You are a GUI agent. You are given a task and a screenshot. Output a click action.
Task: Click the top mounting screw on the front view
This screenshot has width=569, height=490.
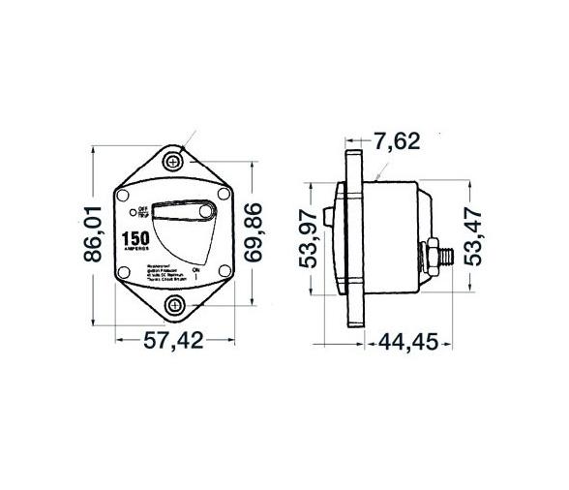click(x=175, y=160)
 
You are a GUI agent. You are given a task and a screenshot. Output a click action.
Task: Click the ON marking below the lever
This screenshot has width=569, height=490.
click(x=195, y=272)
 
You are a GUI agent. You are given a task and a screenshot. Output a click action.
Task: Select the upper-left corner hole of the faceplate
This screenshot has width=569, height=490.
click(x=128, y=197)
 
